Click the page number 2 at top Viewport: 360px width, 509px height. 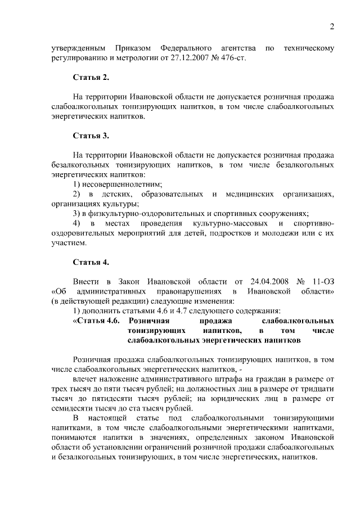pyautogui.click(x=332, y=26)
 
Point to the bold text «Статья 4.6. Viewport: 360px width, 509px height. pyautogui.click(x=97, y=321)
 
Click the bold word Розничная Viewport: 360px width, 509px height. pyautogui.click(x=149, y=321)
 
